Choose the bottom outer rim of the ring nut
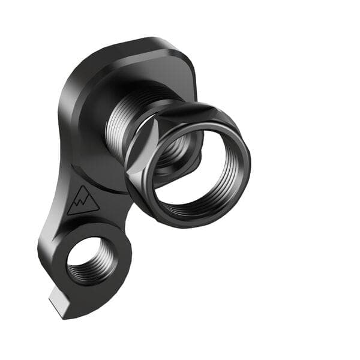[192, 224]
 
